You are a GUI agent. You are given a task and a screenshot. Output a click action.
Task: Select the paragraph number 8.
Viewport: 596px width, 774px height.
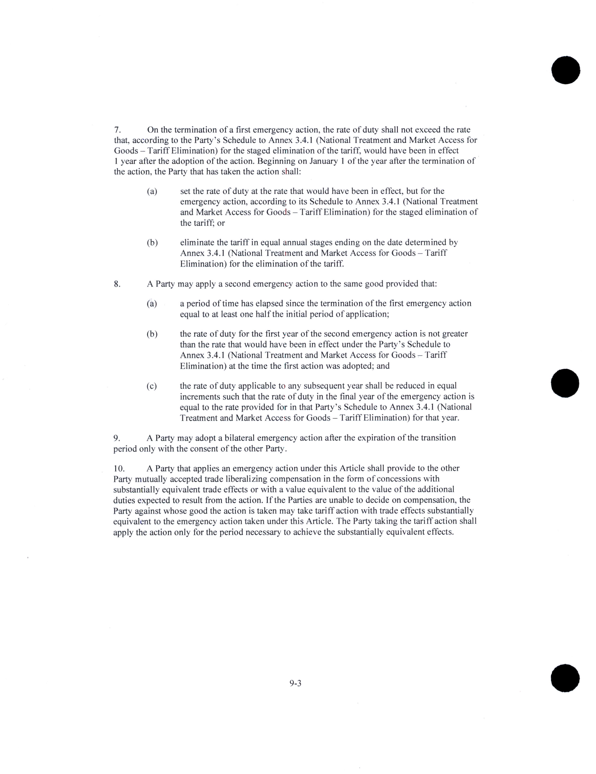117,284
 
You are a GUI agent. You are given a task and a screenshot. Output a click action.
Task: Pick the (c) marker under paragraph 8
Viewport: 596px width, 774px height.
152,386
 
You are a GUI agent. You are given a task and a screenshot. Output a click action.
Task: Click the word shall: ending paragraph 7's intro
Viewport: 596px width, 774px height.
291,172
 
